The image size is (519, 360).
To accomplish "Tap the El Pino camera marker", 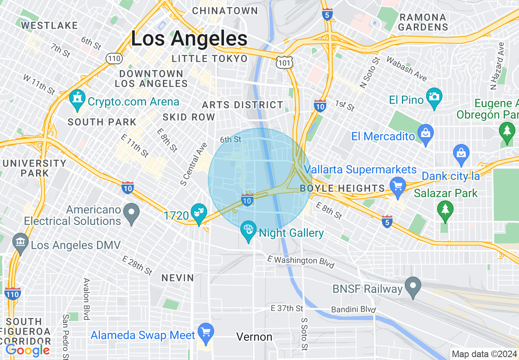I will (434, 97).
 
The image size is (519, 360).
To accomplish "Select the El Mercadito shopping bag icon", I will (426, 133).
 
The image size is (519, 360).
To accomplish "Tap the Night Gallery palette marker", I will (248, 230).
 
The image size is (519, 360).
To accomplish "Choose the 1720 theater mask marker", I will (199, 212).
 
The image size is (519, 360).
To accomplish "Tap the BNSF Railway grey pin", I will (413, 286).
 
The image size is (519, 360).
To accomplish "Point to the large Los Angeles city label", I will (189, 39).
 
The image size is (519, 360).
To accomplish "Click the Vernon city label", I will (254, 337).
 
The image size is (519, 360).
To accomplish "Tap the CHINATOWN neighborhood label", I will (225, 11).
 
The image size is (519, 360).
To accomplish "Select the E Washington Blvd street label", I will (300, 262).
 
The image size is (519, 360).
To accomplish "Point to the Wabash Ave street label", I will (406, 69).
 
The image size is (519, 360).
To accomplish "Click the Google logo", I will (27, 350).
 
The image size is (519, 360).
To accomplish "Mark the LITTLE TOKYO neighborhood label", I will (210, 59).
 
